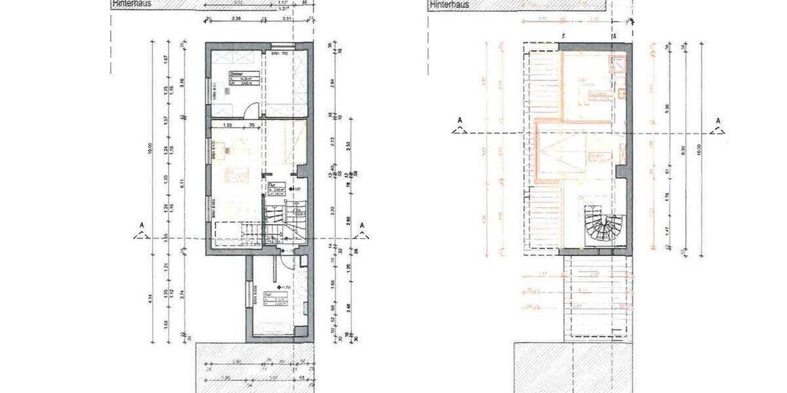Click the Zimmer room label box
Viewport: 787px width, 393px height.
pos(237,78)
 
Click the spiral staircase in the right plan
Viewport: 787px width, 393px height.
pos(603,226)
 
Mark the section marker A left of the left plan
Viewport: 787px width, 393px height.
pos(141,231)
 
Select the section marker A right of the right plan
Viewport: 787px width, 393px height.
pos(718,124)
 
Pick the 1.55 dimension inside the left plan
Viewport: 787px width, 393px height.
pos(228,124)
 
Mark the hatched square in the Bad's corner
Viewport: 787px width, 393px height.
pos(303,261)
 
